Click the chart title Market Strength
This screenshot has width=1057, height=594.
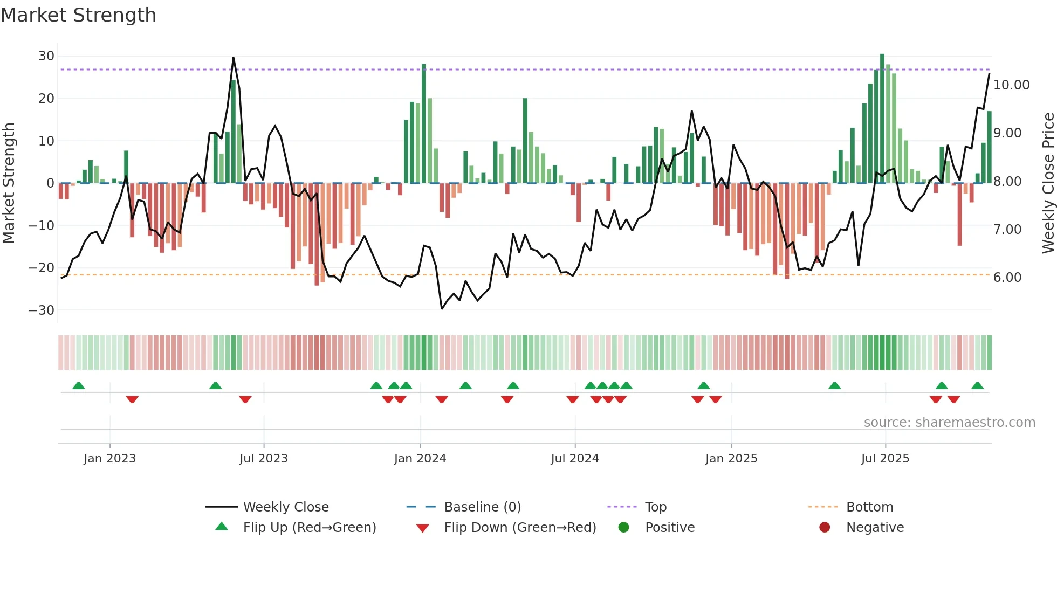[x=78, y=15]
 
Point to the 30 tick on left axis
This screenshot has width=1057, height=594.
[x=46, y=56]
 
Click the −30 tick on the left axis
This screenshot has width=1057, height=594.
[x=42, y=310]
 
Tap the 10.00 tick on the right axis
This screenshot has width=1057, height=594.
[x=1011, y=85]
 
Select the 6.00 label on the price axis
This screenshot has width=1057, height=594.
[x=1007, y=278]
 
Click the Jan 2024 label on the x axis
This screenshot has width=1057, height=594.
[x=420, y=459]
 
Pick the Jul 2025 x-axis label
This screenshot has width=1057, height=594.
[x=885, y=459]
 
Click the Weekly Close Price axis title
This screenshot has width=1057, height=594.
[x=1048, y=183]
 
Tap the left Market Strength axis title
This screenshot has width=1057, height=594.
[x=9, y=183]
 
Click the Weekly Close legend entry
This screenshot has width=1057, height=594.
[x=285, y=507]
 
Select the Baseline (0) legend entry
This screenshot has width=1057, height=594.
[x=482, y=507]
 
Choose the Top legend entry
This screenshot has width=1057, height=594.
[x=655, y=507]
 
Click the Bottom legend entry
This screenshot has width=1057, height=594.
[x=869, y=507]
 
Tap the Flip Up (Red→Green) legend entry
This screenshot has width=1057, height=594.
[x=309, y=528]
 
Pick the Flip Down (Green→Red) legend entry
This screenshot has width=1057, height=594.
[x=520, y=528]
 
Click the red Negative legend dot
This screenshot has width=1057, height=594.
[x=825, y=528]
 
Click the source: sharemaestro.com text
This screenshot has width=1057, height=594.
[x=949, y=423]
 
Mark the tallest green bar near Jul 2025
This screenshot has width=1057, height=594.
[x=882, y=119]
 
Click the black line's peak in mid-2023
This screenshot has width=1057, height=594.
[x=234, y=58]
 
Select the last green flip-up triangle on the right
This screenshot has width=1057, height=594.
[x=977, y=386]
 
